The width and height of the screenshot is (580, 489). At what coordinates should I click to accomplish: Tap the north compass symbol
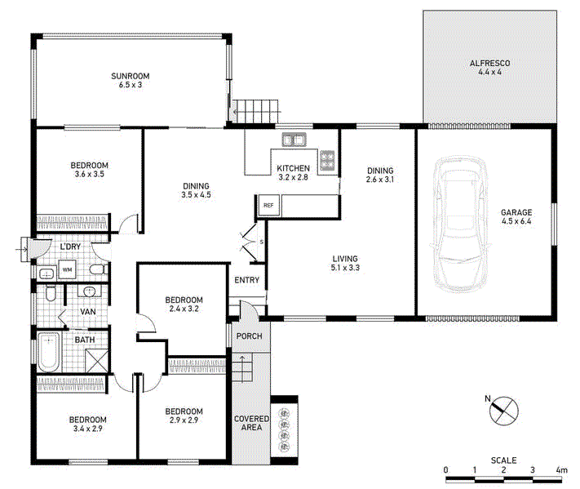pos(503,409)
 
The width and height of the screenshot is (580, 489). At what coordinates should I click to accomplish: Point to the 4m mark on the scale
pos(560,470)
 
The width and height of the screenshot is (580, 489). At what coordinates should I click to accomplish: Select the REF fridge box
pos(268,205)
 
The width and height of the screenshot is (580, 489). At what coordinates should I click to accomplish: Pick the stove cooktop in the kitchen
pos(328,160)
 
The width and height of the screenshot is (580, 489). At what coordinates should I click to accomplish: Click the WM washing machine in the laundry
pos(68,269)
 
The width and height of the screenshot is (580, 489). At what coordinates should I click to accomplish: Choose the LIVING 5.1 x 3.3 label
pos(345,263)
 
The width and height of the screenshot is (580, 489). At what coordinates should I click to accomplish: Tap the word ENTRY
pos(246,281)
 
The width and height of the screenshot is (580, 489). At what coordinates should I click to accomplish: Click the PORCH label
pos(248,336)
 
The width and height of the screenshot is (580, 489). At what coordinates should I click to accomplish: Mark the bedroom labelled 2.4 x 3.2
pos(183,304)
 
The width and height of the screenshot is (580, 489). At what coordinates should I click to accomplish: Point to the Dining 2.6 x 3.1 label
pos(379,175)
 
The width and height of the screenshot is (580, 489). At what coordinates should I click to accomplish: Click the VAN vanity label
pos(88,312)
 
